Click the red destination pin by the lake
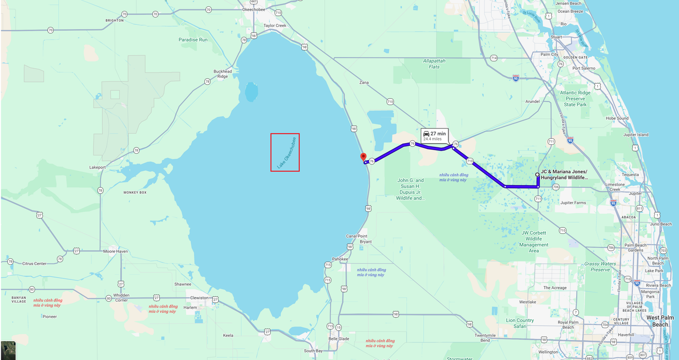363,157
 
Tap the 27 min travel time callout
434,135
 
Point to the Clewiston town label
200,298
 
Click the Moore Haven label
116,251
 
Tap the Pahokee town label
340,259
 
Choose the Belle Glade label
339,339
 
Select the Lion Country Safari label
520,323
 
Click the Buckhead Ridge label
223,74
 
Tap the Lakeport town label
98,167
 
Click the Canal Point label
356,236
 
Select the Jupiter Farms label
573,203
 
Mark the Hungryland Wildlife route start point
537,174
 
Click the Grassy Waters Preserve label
600,267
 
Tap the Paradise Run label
193,40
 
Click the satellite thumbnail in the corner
8,350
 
